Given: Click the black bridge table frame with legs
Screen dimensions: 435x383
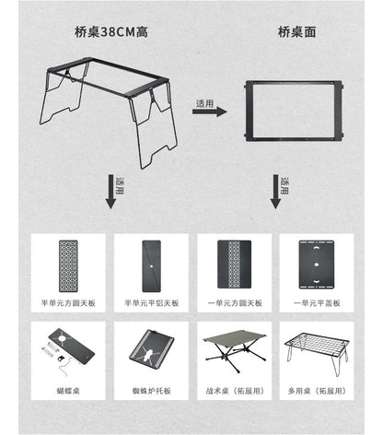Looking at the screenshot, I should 111,111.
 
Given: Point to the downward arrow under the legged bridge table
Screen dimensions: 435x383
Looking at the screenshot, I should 111,194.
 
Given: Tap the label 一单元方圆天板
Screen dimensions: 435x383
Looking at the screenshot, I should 233,303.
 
